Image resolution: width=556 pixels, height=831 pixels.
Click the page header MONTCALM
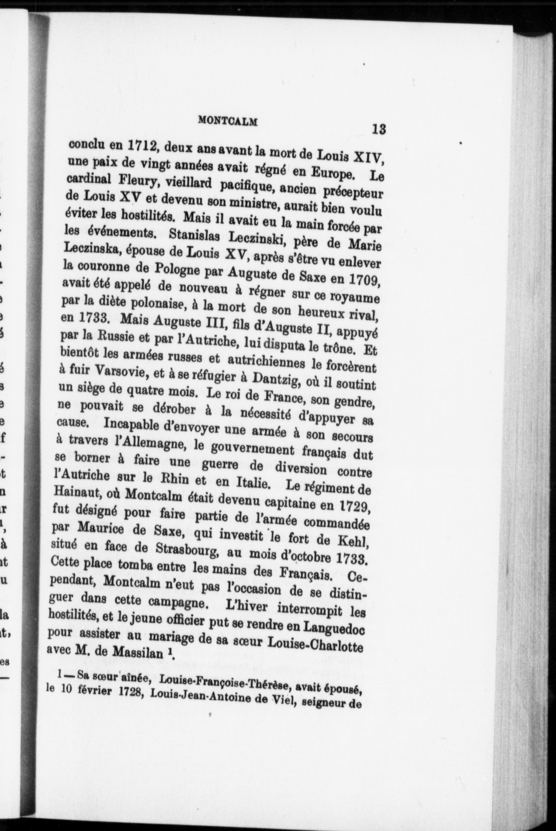click(228, 121)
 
